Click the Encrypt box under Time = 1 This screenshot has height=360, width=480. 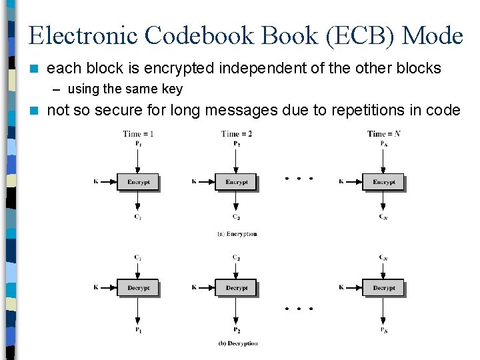(138, 181)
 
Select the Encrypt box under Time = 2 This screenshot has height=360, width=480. (236, 181)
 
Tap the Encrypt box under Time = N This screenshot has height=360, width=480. (383, 181)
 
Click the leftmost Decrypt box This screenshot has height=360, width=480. (138, 288)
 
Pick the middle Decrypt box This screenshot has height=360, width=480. (236, 288)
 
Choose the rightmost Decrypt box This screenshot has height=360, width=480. (383, 288)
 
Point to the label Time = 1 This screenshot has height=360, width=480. (138, 134)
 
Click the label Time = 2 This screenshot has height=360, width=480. (237, 134)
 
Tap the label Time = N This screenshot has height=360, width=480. (383, 134)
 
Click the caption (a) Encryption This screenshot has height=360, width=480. (237, 234)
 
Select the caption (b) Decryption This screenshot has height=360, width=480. (237, 343)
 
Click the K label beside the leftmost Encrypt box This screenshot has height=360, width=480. (96, 181)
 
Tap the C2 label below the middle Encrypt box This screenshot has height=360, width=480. (237, 217)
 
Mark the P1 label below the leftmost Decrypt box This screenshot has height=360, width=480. (138, 330)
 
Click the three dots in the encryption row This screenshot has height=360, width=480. (299, 179)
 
